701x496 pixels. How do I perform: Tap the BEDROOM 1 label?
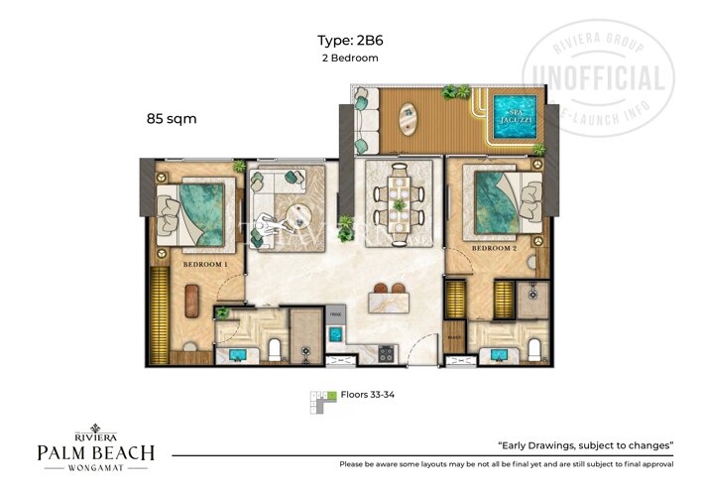205,266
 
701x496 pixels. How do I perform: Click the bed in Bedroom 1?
197,211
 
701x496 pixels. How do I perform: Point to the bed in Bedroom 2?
502,202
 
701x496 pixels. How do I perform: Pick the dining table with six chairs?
399,196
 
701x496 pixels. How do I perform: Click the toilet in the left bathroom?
274,348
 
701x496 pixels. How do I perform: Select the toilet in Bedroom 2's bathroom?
534,348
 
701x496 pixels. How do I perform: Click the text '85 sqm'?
171,119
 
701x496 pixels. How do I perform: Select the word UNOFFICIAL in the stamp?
599,78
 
